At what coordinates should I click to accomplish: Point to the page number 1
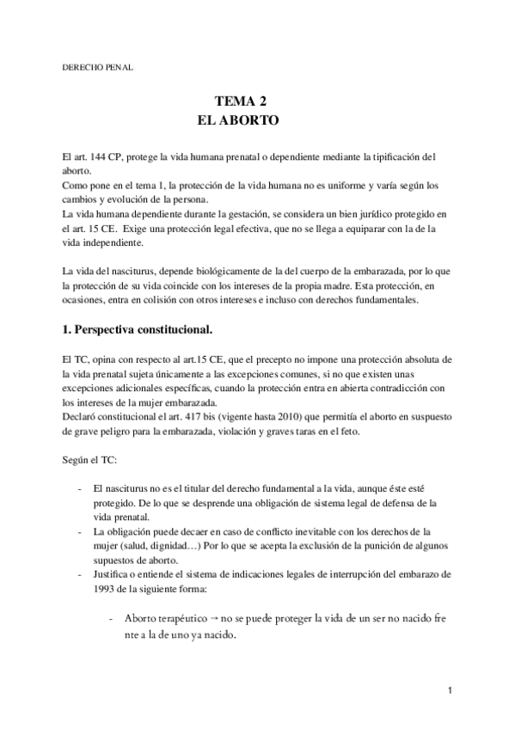click(450, 690)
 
